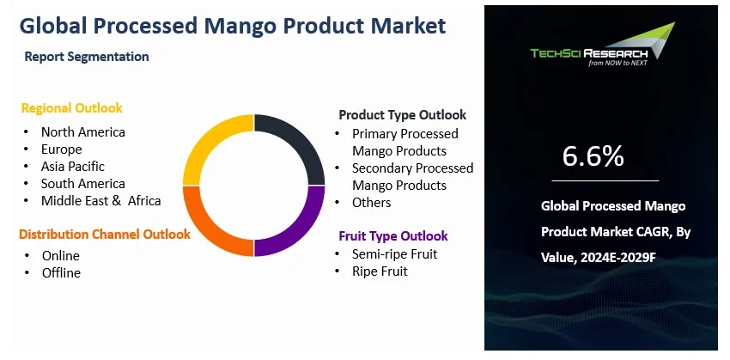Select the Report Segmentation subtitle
coord(87,57)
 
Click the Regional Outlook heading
coord(71,108)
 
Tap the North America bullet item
coord(82,132)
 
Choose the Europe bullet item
coord(62,149)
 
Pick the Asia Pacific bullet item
coord(72,167)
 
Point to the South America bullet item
coord(82,184)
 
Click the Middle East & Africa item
coord(100,201)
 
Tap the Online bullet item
coord(60,256)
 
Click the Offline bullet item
coord(61,273)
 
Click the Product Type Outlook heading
coord(402,114)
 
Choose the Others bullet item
coord(371,203)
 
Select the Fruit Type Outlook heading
coord(392,235)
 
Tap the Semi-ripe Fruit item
coord(394,254)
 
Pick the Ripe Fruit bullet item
coord(380,272)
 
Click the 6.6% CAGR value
coord(593,156)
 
